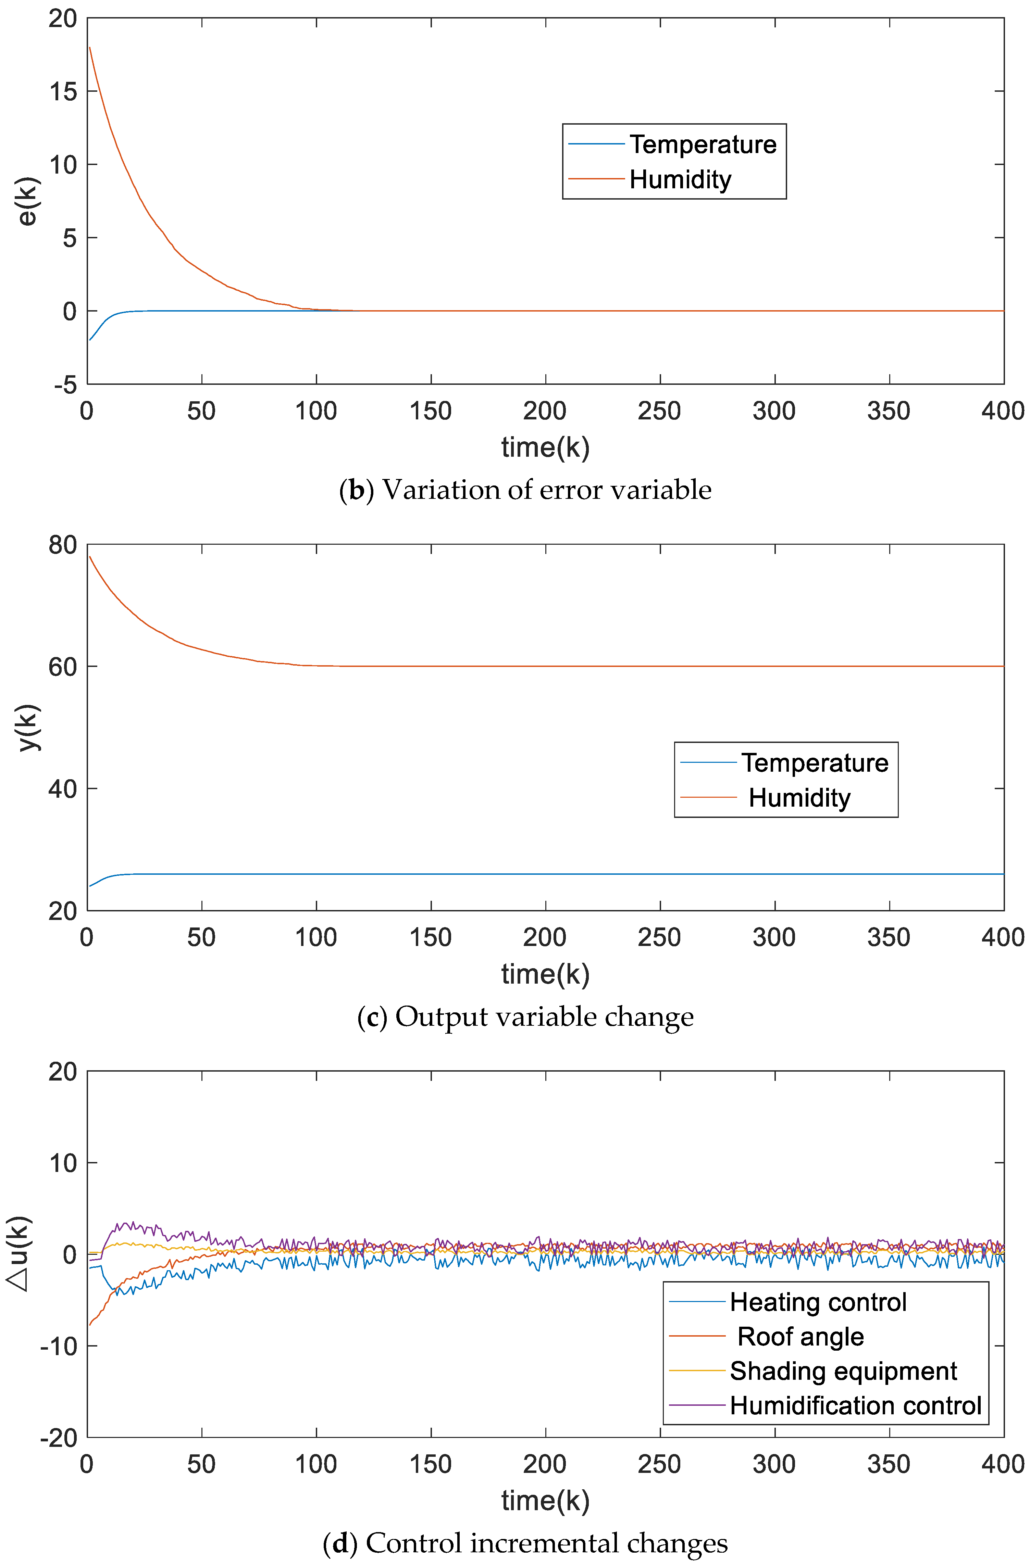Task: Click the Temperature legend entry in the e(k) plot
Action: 702,144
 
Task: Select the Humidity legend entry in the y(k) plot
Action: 799,797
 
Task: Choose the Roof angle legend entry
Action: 800,1336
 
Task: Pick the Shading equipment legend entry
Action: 843,1371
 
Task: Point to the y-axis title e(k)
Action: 28,201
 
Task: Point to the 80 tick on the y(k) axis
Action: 63,545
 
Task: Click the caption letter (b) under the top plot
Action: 356,490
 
